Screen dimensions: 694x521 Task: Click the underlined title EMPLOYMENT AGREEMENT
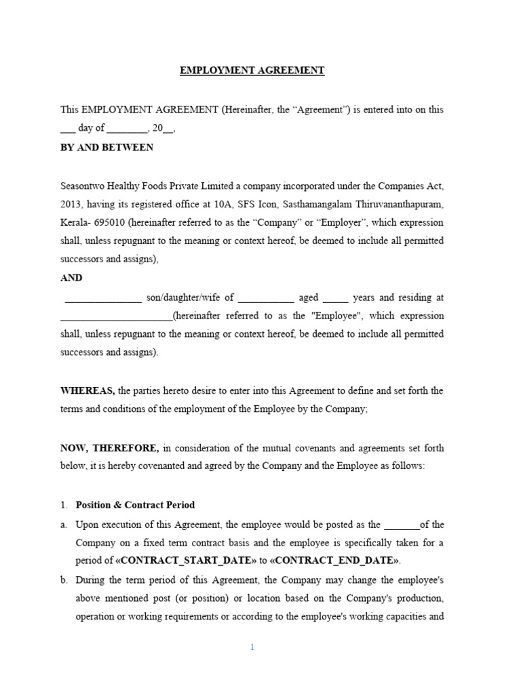252,70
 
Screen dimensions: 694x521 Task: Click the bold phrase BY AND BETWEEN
107,147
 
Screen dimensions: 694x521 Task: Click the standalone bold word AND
71,278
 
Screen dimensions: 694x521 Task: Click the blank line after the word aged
336,298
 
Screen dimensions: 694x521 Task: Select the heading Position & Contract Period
135,505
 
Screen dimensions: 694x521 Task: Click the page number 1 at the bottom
252,647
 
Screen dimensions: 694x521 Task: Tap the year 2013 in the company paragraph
72,204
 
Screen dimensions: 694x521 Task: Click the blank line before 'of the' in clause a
402,525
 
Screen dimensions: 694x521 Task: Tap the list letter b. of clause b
64,580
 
